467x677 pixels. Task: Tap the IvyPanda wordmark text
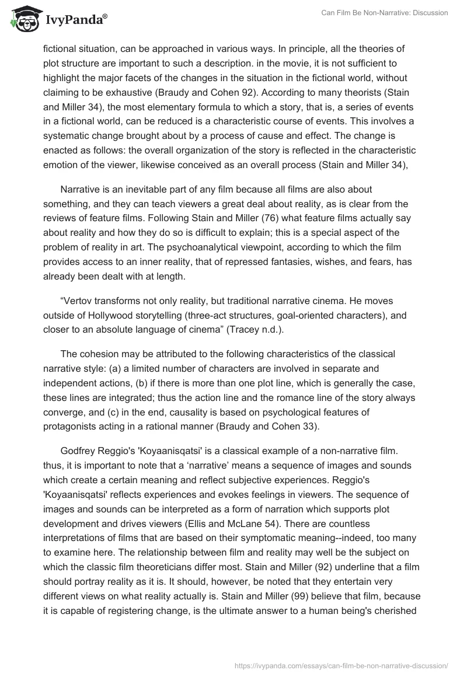[76, 21]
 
